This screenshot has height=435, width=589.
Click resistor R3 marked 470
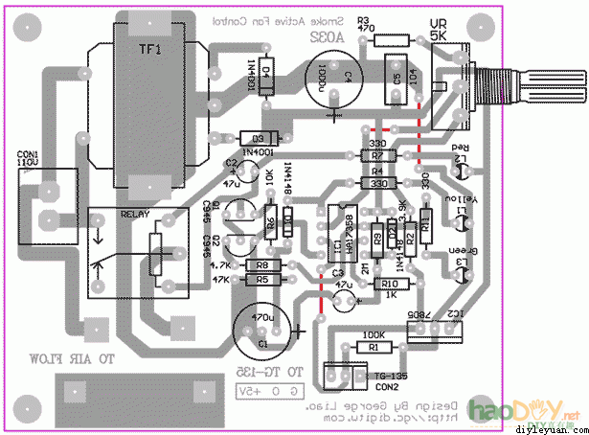pos(392,39)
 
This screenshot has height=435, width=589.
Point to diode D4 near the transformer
pos(266,76)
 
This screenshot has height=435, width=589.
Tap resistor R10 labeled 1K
pos(388,284)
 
